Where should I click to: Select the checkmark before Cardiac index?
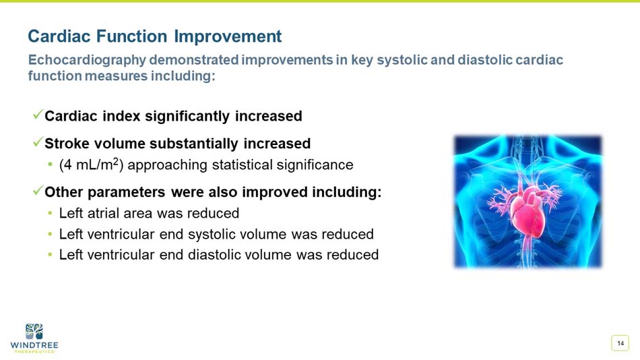click(x=38, y=115)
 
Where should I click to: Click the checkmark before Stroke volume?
click(x=38, y=143)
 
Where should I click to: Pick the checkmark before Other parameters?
click(x=38, y=191)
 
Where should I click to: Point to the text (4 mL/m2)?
click(x=96, y=164)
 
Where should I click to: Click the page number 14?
click(x=620, y=343)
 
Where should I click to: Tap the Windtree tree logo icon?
click(x=34, y=331)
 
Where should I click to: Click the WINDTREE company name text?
click(x=34, y=345)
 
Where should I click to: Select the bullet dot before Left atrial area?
click(x=51, y=214)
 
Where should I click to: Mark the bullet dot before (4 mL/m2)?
click(x=51, y=164)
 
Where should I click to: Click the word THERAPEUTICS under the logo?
click(x=34, y=352)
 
